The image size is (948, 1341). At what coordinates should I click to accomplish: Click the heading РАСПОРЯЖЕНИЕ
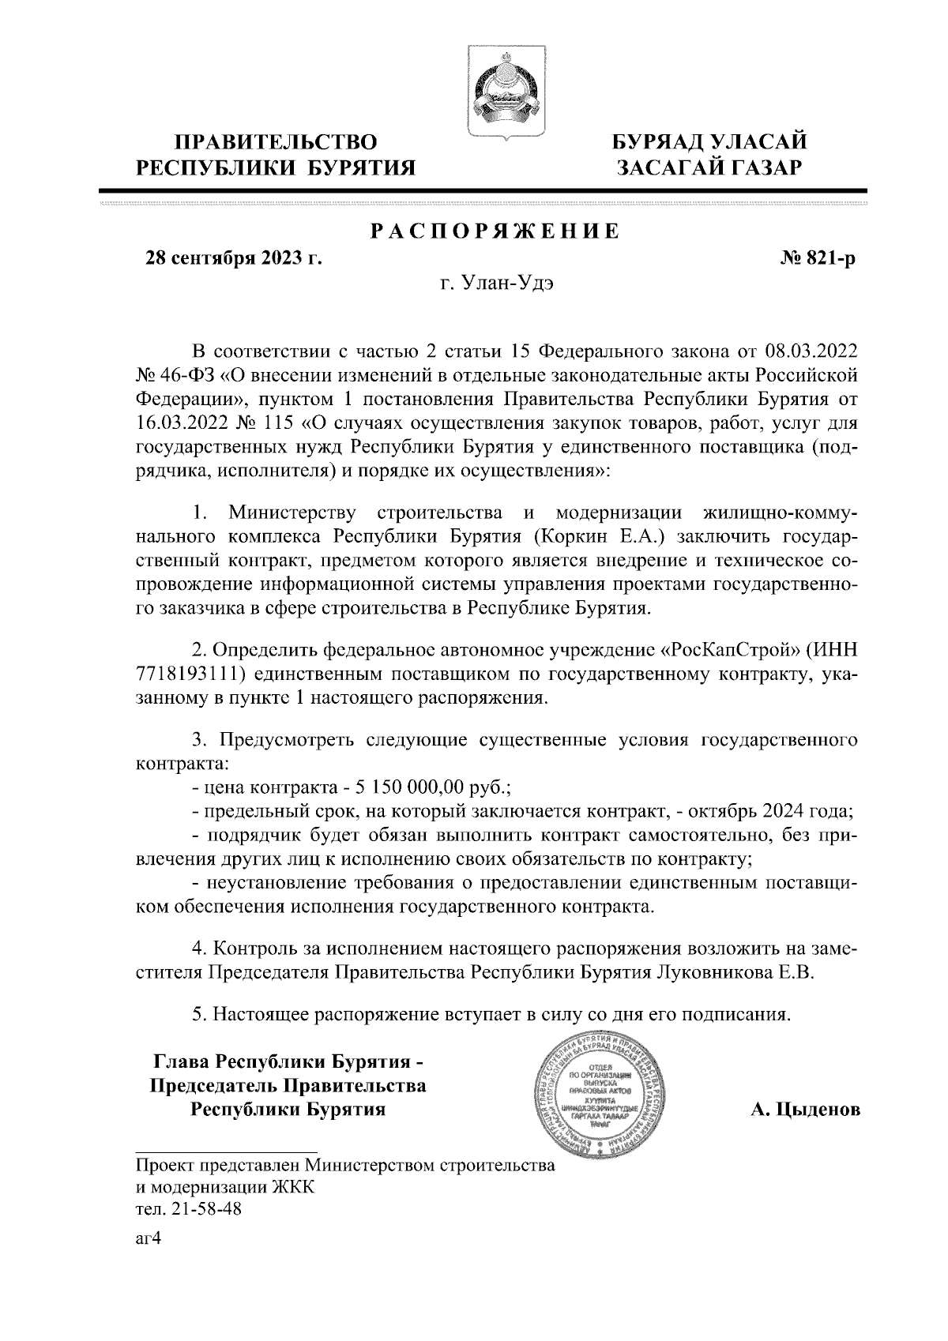[495, 231]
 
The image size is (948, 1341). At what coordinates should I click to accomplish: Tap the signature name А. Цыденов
[805, 1111]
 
